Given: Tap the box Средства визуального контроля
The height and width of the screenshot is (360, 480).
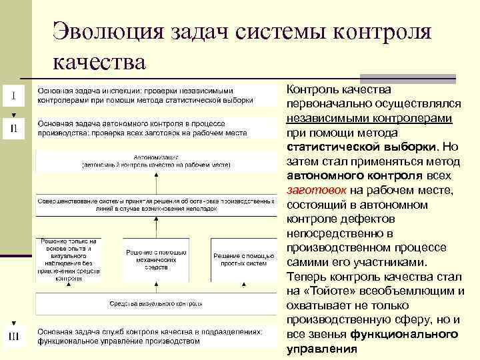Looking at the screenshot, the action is (156, 304).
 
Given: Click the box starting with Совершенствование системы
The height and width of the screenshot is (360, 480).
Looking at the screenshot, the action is (156, 203).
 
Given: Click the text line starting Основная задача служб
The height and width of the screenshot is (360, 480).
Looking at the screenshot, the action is (149, 331).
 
